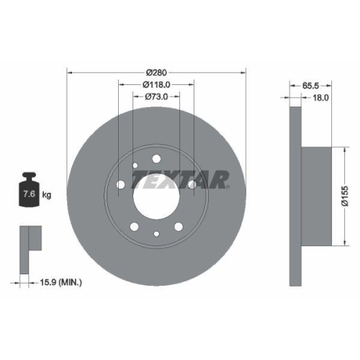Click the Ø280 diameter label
pos(156,72)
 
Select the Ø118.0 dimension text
pos(156,84)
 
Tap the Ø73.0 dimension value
pos(156,96)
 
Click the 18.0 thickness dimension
pos(320,96)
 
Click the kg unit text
pos(48,194)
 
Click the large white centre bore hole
pos(156,196)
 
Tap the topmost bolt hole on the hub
pos(156,159)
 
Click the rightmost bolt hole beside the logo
pos(192,186)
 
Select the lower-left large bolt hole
pos(135,228)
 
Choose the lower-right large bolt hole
pos(178,228)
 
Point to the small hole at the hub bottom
pos(156,233)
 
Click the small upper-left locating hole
pos(135,167)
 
